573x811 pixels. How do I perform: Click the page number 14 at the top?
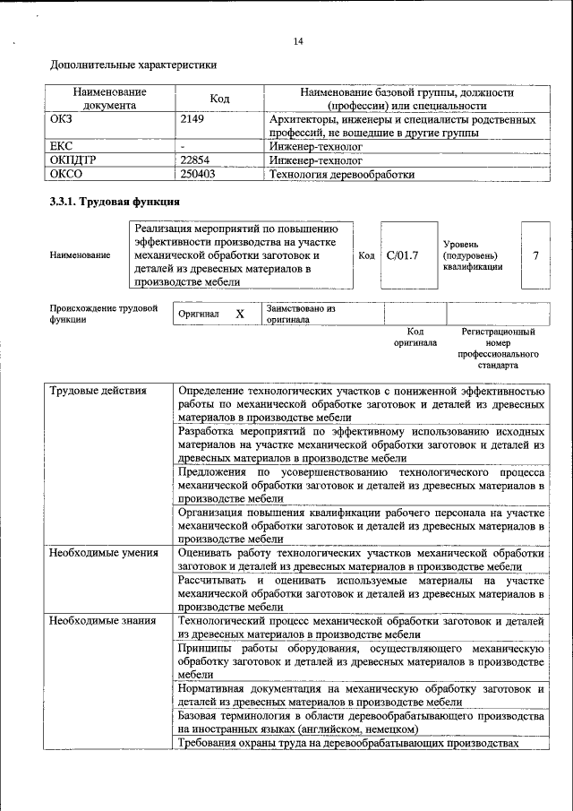pyautogui.click(x=298, y=41)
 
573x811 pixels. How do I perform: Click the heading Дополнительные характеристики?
pyautogui.click(x=133, y=65)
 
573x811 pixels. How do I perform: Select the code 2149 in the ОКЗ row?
pyautogui.click(x=192, y=119)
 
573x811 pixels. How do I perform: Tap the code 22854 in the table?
pyautogui.click(x=195, y=160)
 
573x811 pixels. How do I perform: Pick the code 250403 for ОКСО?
pyautogui.click(x=198, y=175)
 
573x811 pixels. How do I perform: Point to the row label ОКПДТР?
pyautogui.click(x=73, y=160)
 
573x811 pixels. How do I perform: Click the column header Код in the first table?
pyautogui.click(x=220, y=99)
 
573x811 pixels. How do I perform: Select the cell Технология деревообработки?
pyautogui.click(x=342, y=175)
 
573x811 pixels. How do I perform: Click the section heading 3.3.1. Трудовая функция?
pyautogui.click(x=108, y=203)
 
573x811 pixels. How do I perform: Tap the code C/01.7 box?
pyautogui.click(x=402, y=255)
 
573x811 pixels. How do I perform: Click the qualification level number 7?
pyautogui.click(x=535, y=255)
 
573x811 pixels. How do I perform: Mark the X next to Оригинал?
pyautogui.click(x=239, y=315)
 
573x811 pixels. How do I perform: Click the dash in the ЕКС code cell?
pyautogui.click(x=183, y=145)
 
